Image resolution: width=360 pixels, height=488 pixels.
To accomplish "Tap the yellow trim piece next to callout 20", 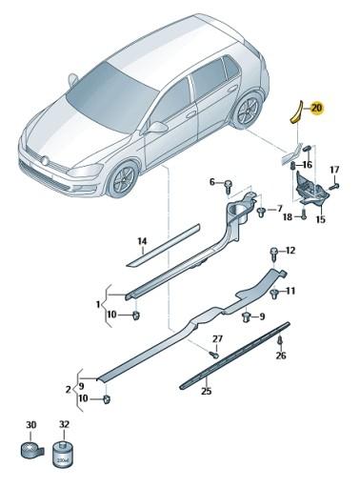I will click(295, 111).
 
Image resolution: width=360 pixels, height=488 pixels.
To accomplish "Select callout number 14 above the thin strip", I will click(142, 241).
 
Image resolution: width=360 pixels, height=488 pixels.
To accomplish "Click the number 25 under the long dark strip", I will click(206, 390).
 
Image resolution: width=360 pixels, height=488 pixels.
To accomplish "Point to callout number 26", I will click(280, 356).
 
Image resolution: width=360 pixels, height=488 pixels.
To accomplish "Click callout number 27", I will click(217, 339).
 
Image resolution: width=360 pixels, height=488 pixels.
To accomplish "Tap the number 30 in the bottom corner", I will click(30, 425).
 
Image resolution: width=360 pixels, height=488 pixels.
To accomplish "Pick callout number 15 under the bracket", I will click(320, 220).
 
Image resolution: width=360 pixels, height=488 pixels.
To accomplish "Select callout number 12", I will click(290, 251).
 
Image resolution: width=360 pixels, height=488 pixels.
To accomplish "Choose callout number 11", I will click(290, 290).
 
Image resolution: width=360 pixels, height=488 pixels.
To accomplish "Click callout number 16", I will click(307, 164).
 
